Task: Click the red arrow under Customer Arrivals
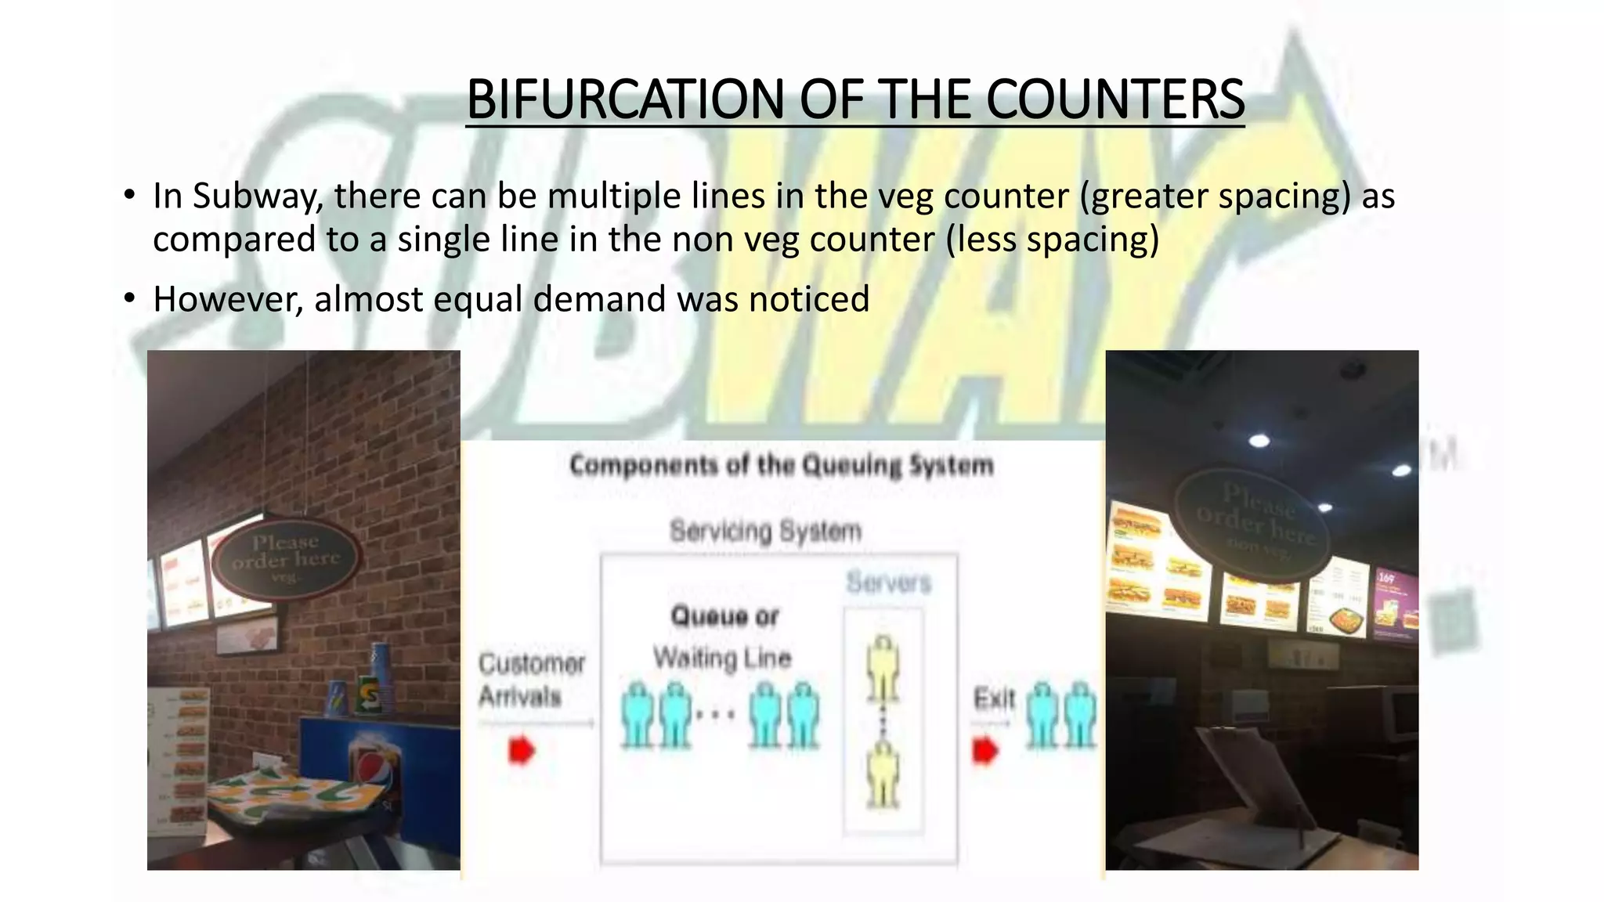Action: click(522, 750)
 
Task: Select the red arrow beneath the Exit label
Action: click(985, 751)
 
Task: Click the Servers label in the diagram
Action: click(889, 583)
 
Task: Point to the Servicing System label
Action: click(765, 531)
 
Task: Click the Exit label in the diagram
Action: click(994, 697)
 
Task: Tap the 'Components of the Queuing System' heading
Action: click(781, 466)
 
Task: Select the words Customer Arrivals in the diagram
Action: click(532, 680)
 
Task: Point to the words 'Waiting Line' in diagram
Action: click(722, 658)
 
